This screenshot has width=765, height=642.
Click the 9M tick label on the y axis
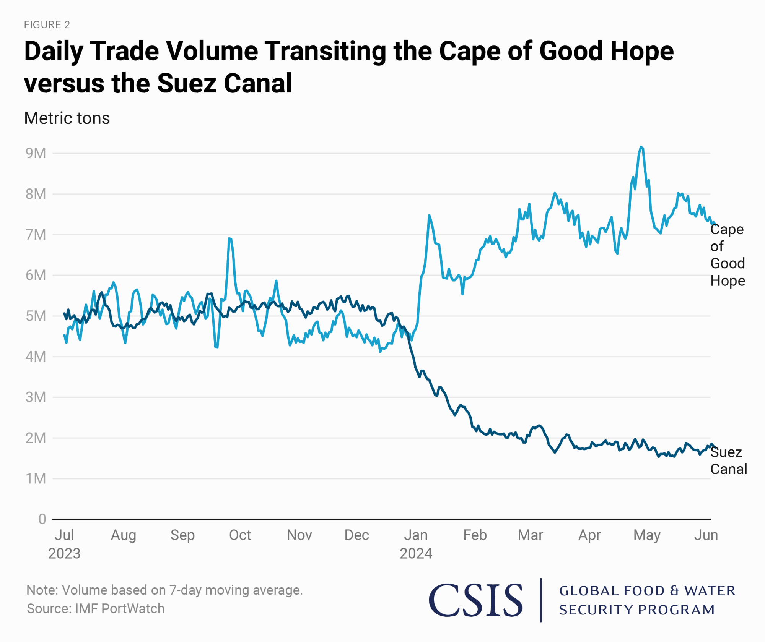36,153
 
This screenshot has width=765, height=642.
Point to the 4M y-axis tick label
36,357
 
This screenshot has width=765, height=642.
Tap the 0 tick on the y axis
42,519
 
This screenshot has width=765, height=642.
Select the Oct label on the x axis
240,535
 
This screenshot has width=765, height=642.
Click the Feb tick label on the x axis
475,535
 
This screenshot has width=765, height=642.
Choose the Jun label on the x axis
706,535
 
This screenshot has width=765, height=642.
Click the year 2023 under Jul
64,553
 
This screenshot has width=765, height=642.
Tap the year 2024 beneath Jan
416,553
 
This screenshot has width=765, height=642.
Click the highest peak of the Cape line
641,147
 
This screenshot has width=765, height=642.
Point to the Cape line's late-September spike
229,238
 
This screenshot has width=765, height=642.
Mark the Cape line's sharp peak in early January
429,216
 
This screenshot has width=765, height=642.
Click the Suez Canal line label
728,460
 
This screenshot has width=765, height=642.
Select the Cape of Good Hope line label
727,255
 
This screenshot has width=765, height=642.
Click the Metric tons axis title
67,118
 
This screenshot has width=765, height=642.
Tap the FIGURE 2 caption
47,25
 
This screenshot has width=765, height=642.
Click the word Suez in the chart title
186,83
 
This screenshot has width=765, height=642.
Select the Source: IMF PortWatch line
96,608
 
